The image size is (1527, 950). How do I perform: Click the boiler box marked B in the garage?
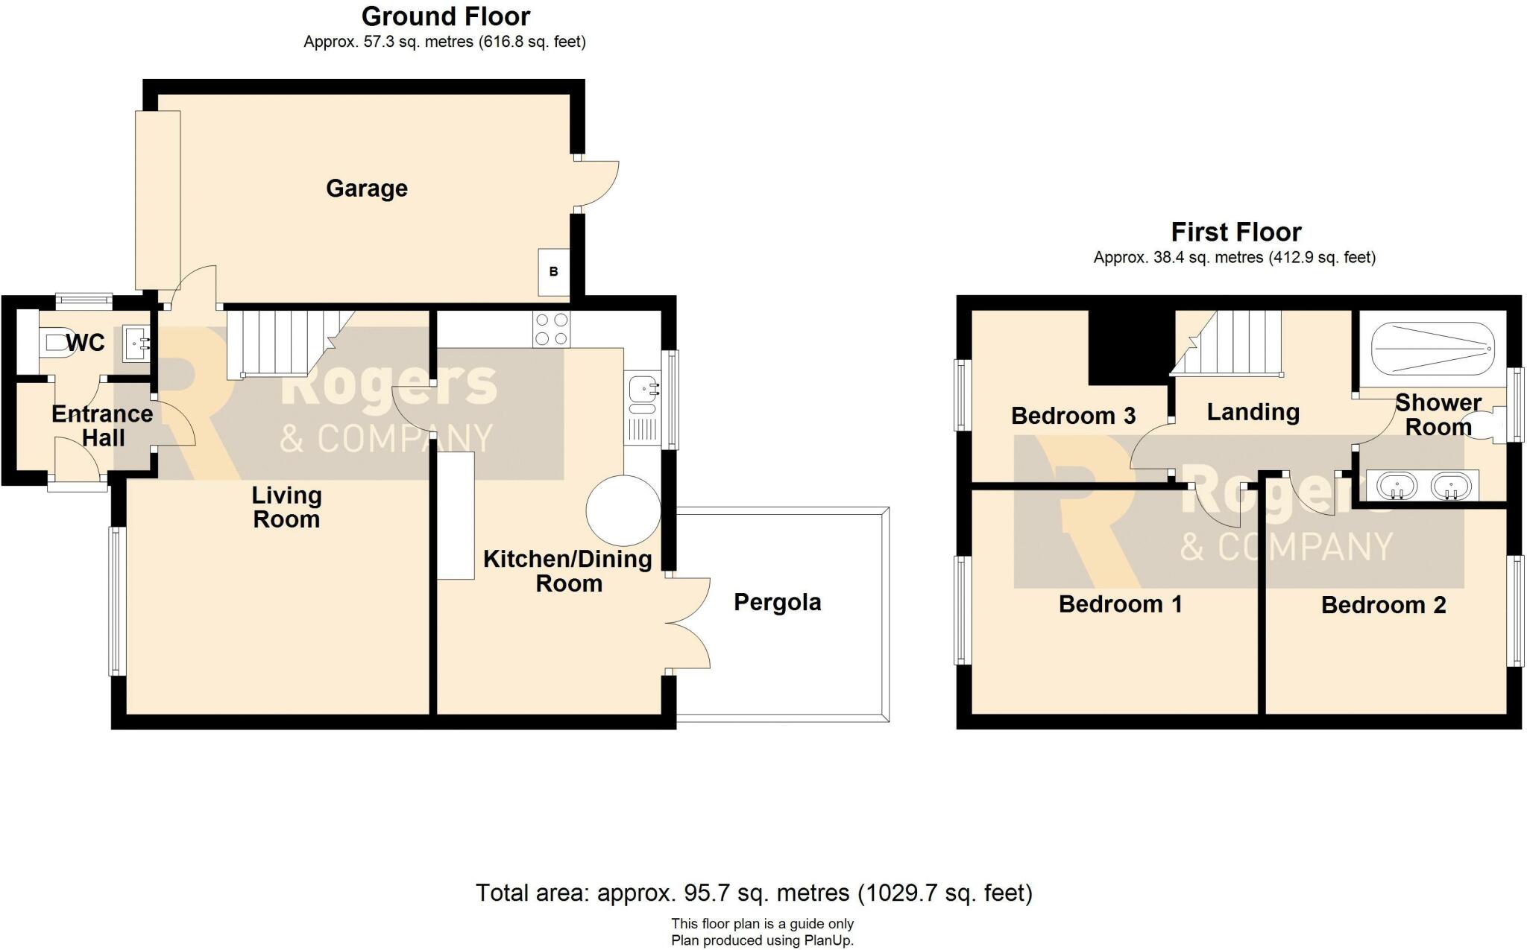554,271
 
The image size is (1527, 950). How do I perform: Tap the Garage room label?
367,189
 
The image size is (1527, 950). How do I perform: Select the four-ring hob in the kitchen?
552,329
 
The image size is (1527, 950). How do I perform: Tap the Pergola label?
777,602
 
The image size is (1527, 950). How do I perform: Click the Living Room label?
286,507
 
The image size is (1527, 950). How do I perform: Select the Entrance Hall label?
102,425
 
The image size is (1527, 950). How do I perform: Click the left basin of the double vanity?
1396,487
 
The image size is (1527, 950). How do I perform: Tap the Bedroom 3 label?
1073,416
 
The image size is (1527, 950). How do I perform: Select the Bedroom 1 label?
1120,604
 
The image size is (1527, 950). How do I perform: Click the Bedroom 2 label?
1383,605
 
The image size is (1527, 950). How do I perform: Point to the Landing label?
1253,412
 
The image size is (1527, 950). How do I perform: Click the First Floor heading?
1235,232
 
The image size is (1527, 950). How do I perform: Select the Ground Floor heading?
446,16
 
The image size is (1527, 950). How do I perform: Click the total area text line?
754,893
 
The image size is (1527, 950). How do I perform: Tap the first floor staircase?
1227,343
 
